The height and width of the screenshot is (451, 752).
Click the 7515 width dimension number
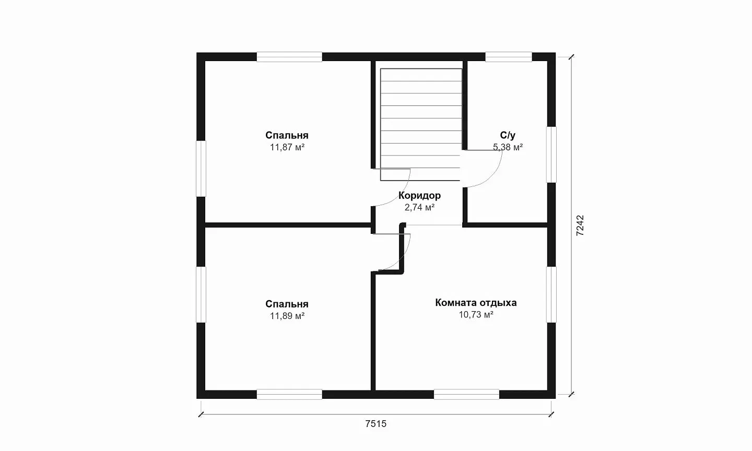coord(375,424)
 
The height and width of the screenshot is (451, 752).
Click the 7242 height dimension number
coord(580,225)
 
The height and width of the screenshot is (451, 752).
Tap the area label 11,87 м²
coord(287,147)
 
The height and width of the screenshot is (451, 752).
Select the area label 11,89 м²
coord(287,316)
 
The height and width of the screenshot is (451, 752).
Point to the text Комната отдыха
coord(476,303)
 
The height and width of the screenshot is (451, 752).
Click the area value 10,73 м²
coord(476,314)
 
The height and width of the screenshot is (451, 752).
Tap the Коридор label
coord(420,195)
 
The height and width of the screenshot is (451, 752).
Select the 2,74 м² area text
coord(420,207)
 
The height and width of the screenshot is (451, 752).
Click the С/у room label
coord(508,135)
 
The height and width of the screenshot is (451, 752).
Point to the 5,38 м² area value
coord(508,147)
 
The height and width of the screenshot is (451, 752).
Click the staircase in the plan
coord(420,124)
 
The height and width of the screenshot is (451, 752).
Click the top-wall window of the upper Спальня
coord(289,57)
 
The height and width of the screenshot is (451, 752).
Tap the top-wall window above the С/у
coord(509,57)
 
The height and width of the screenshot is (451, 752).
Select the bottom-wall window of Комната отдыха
coord(466,394)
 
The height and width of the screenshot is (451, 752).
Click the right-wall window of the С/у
coord(551,155)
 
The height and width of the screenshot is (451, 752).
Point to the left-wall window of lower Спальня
coord(201,294)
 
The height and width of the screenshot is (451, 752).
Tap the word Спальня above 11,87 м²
coord(287,135)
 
